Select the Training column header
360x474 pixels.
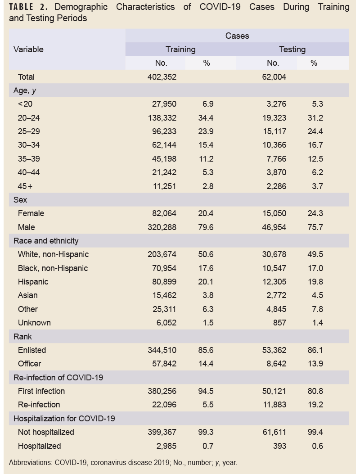coord(180,50)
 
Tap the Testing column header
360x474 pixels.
coord(292,50)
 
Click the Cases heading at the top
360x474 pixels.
coord(237,36)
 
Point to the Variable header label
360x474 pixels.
coord(28,50)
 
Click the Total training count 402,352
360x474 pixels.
coord(162,77)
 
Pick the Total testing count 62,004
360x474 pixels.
coord(274,77)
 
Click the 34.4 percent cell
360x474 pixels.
coord(207,118)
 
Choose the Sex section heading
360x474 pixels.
coord(20,200)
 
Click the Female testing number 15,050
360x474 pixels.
coord(274,213)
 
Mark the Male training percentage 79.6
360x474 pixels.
coord(207,227)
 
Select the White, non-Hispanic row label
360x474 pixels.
coord(53,254)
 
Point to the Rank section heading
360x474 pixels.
coord(22,337)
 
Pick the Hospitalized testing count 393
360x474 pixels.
coord(279,446)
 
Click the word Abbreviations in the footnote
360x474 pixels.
coord(30,462)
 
